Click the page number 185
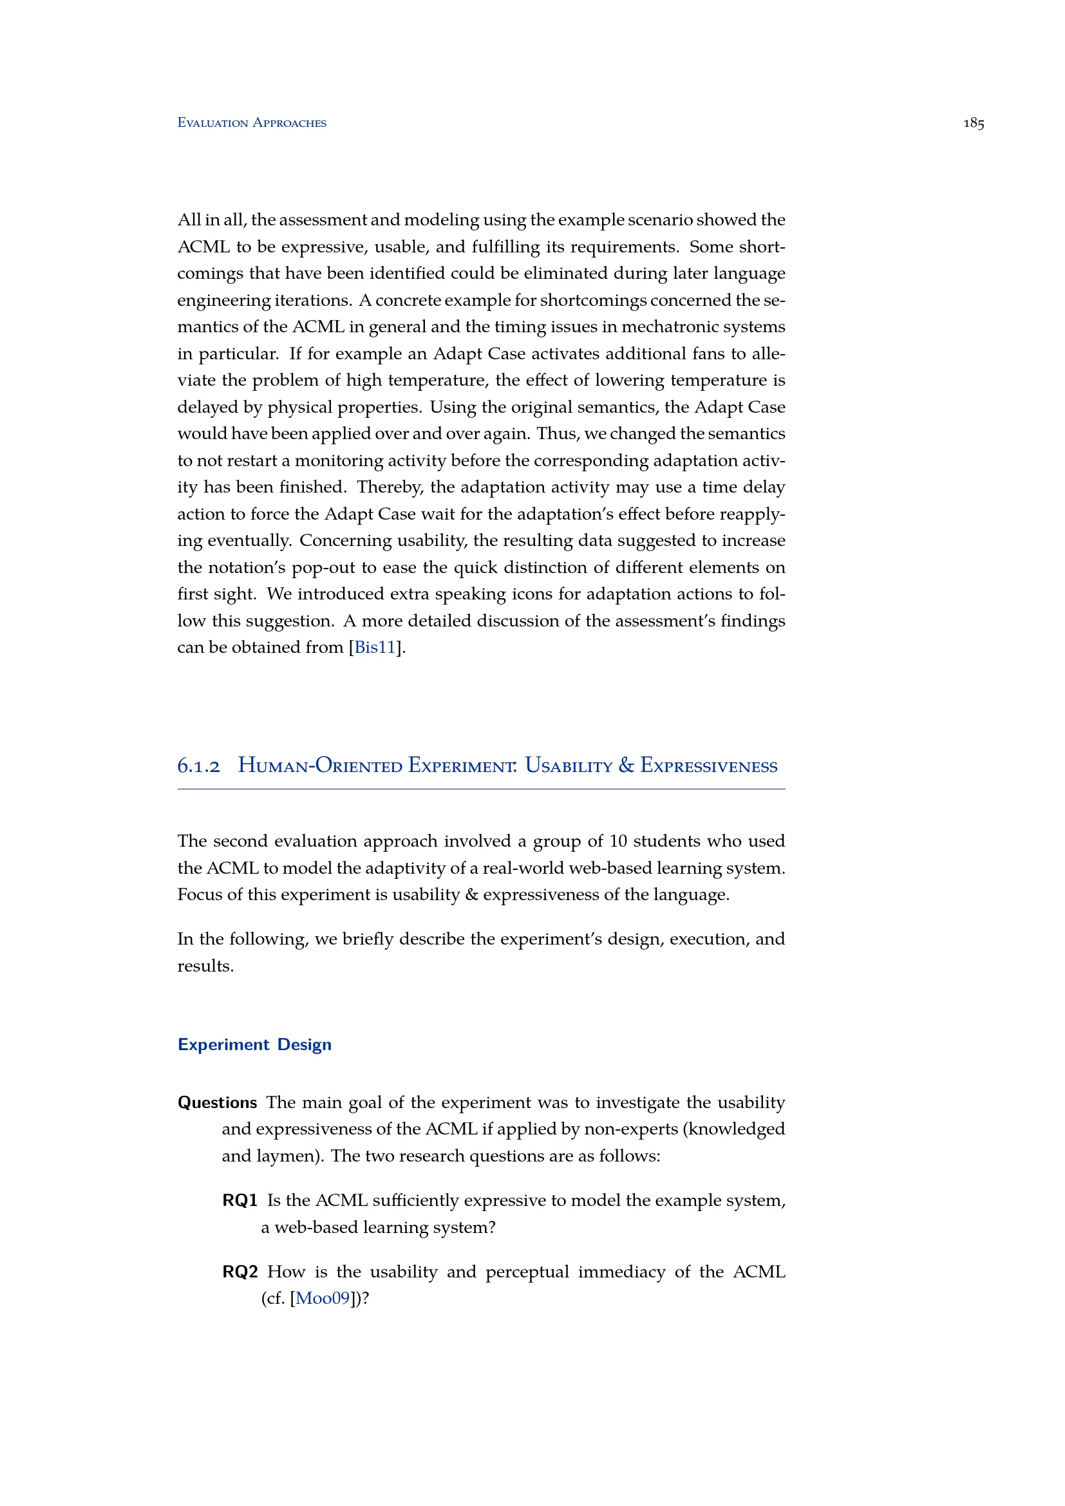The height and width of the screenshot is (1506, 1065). [x=973, y=124]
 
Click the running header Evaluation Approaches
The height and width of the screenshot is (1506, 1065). [x=252, y=124]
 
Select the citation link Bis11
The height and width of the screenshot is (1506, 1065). [x=375, y=647]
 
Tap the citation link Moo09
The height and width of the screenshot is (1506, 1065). [x=323, y=1298]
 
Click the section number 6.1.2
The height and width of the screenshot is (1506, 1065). [x=199, y=766]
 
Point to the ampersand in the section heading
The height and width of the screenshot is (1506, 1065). [x=626, y=766]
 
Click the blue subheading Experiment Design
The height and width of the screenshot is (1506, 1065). [x=254, y=1044]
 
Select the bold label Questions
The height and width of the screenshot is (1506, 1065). [x=217, y=1102]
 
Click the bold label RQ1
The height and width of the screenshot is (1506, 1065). [x=240, y=1200]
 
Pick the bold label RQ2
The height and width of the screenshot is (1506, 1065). [x=240, y=1272]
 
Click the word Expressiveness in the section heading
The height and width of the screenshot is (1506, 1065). [x=709, y=766]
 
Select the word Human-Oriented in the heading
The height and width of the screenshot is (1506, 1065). [x=320, y=766]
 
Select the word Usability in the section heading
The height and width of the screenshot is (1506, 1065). [x=569, y=766]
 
